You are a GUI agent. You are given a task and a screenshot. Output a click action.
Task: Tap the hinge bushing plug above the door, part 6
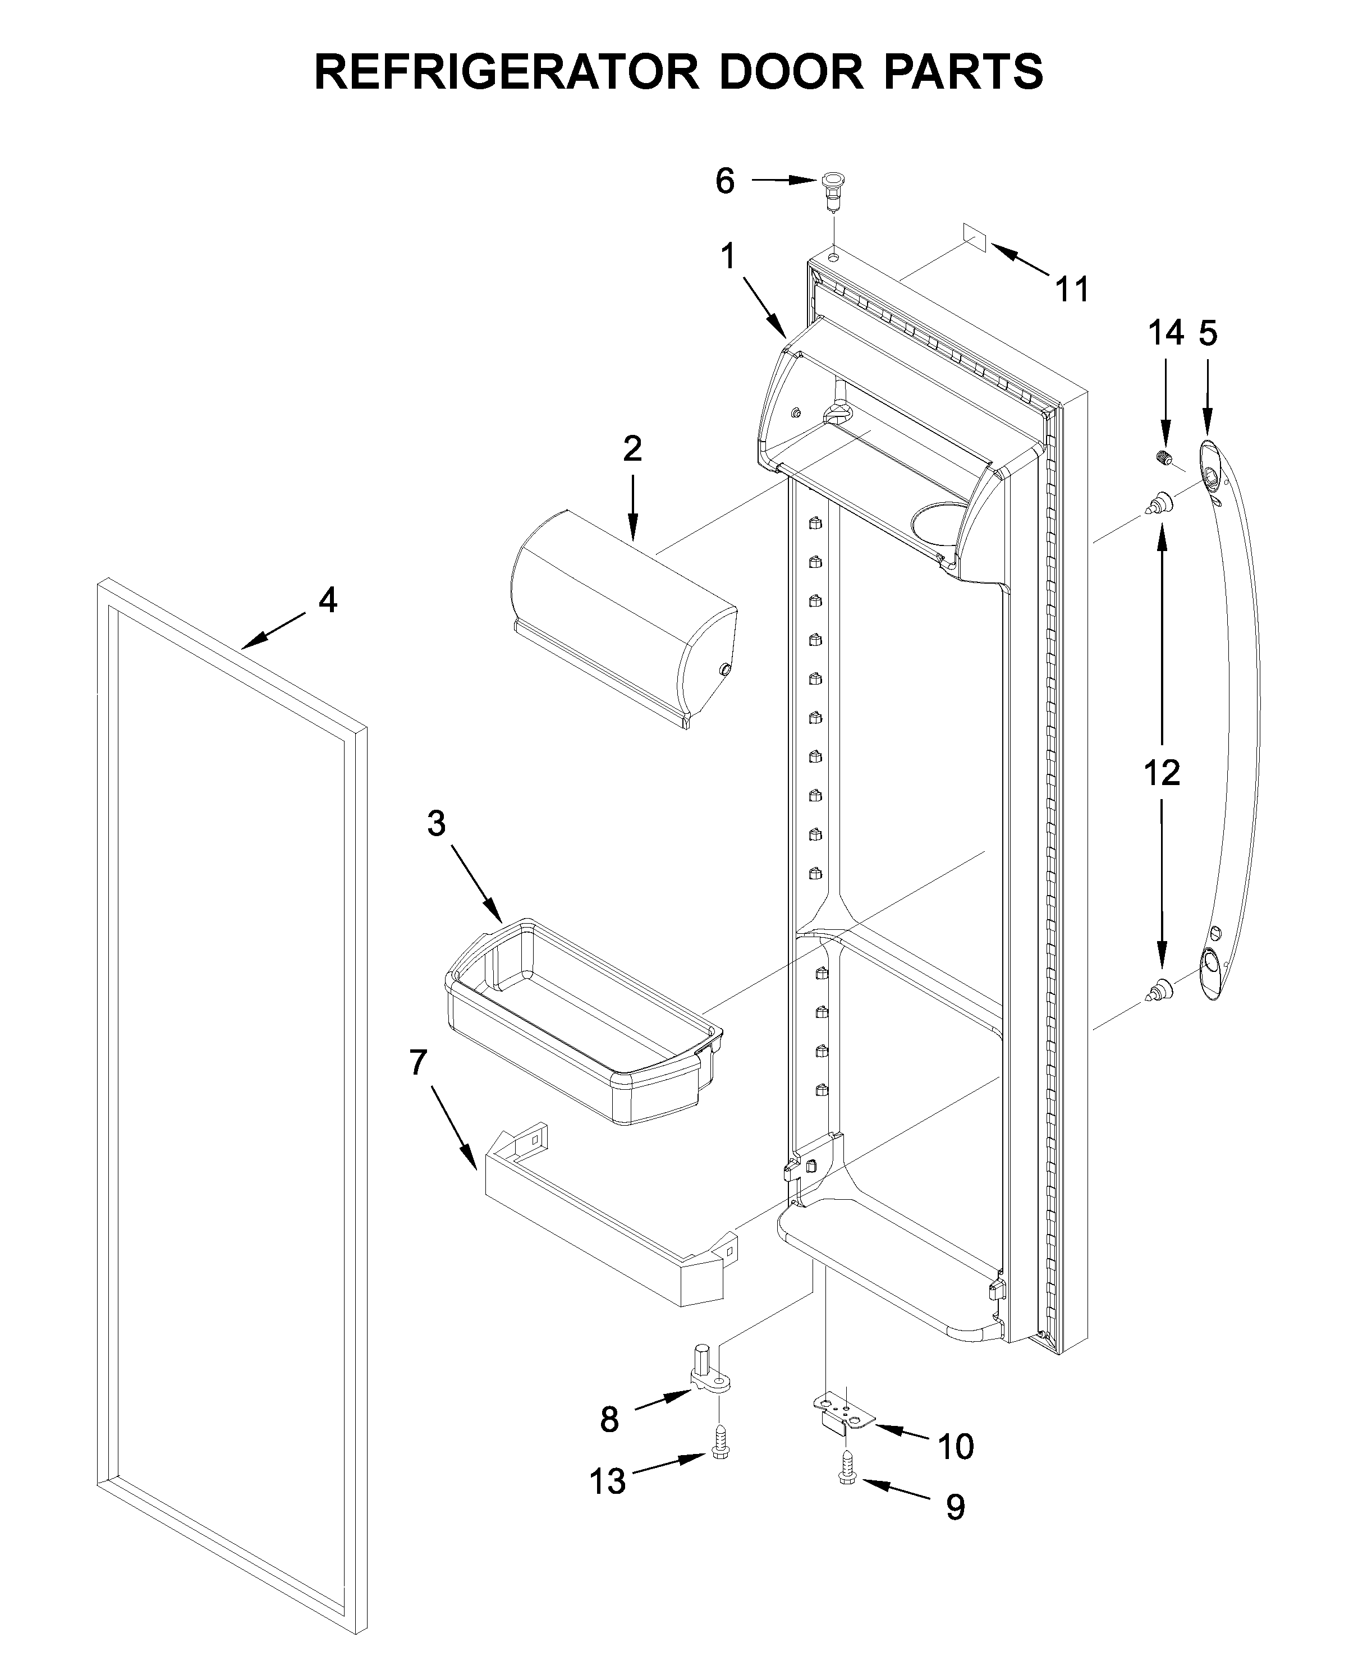(832, 189)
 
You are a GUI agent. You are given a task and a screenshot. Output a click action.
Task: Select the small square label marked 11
(974, 237)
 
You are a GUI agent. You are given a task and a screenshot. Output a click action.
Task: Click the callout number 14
(1165, 333)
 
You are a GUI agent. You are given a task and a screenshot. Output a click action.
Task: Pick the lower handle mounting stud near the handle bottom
(1160, 990)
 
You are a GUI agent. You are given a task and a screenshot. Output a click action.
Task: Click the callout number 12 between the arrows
(1161, 773)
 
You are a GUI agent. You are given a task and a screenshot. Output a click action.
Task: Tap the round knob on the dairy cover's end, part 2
(725, 668)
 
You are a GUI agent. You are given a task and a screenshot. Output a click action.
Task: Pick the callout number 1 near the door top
(728, 256)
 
